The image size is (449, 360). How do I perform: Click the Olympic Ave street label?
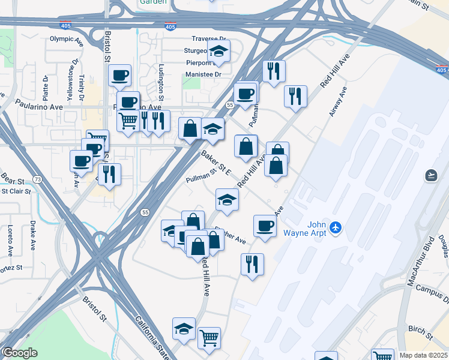[x=66, y=40]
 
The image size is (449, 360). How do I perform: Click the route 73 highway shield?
[x=37, y=179]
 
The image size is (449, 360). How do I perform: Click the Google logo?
[x=20, y=352]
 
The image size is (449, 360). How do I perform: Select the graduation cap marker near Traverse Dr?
[x=219, y=52]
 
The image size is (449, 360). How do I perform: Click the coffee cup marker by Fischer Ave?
[x=265, y=226]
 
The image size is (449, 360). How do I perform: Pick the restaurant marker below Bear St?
[x=109, y=175]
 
